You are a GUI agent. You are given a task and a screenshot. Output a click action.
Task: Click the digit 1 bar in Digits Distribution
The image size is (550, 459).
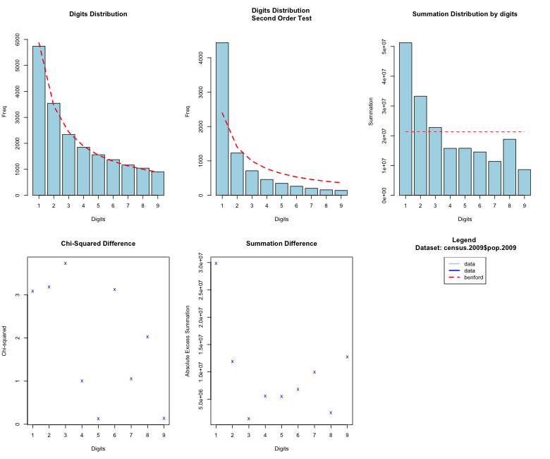pos(39,120)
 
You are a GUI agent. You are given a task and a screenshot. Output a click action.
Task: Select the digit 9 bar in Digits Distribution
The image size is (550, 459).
pos(157,183)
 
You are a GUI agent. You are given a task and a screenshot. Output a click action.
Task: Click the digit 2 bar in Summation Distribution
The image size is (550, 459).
pos(420,145)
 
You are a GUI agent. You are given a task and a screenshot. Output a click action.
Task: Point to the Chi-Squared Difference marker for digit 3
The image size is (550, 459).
pos(66,263)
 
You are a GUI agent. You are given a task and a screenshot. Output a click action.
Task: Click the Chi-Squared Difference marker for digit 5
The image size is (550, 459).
pos(98,419)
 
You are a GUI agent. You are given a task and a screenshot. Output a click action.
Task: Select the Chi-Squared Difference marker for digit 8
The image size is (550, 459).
pos(147,337)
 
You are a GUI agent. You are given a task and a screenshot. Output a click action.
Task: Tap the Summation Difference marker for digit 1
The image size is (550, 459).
pos(216,263)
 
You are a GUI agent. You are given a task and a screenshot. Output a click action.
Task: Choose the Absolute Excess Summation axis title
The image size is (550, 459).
pos(188,340)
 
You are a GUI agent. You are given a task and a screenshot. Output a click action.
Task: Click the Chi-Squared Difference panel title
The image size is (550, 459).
pos(98,244)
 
